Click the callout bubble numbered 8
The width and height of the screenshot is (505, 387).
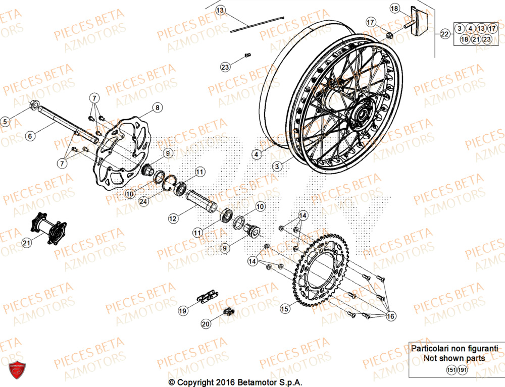pos(157,107)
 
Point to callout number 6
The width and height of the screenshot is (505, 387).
pos(30,136)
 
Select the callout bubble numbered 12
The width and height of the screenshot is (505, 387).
pos(173,218)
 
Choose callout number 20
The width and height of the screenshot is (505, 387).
pos(206,324)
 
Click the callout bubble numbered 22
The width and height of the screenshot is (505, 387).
pos(444,34)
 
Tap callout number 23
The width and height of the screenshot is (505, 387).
pos(225,66)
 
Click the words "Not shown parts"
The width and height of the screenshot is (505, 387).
pos(454,358)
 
